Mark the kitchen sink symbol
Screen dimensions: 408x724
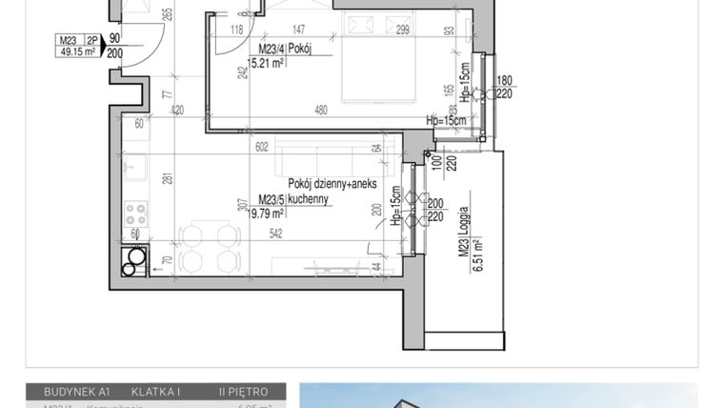[132, 169]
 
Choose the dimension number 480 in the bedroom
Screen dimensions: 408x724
[321, 109]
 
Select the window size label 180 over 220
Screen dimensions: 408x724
[505, 86]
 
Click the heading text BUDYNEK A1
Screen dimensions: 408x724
[71, 391]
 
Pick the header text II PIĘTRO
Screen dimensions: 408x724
[250, 391]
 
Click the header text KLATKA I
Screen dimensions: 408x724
[156, 391]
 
